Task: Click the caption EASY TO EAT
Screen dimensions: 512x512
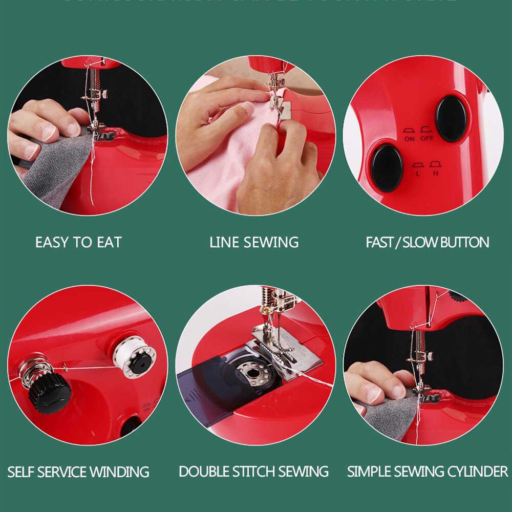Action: tap(78, 242)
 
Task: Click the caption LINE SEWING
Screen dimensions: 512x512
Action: tap(254, 242)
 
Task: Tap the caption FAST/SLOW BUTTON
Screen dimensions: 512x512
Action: tap(427, 242)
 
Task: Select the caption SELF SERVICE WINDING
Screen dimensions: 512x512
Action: tap(78, 472)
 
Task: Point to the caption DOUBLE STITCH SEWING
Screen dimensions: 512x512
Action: tap(254, 472)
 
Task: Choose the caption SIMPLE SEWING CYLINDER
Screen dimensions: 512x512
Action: tap(428, 472)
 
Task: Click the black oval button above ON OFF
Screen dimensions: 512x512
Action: tap(451, 118)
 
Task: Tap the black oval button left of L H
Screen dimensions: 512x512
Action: tap(387, 167)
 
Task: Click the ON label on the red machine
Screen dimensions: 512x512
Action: tap(409, 139)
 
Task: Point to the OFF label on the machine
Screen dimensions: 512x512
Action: tap(426, 139)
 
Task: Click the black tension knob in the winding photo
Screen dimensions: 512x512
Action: tap(49, 393)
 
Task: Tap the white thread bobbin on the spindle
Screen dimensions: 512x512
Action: tap(134, 357)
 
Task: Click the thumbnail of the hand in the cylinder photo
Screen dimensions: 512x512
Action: tap(374, 394)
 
